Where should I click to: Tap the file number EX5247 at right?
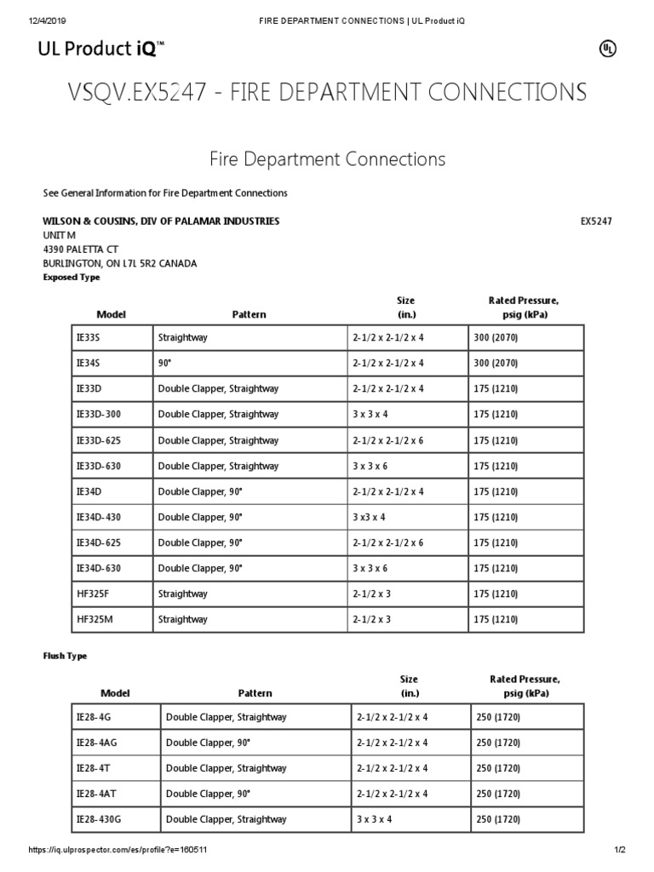coord(596,221)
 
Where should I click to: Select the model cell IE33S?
coord(89,337)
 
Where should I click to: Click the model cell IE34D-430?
coord(100,517)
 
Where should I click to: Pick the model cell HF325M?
coord(95,619)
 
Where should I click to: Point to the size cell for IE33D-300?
coord(369,415)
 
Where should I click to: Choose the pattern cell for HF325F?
coord(182,594)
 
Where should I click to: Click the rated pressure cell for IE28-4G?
coord(499,717)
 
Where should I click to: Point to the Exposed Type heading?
coord(71,278)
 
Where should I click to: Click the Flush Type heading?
coord(65,657)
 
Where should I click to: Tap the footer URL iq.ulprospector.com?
coord(118,850)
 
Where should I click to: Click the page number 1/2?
coord(620,850)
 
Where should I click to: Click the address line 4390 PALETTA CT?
coord(80,250)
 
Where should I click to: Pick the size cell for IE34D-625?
coord(387,542)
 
